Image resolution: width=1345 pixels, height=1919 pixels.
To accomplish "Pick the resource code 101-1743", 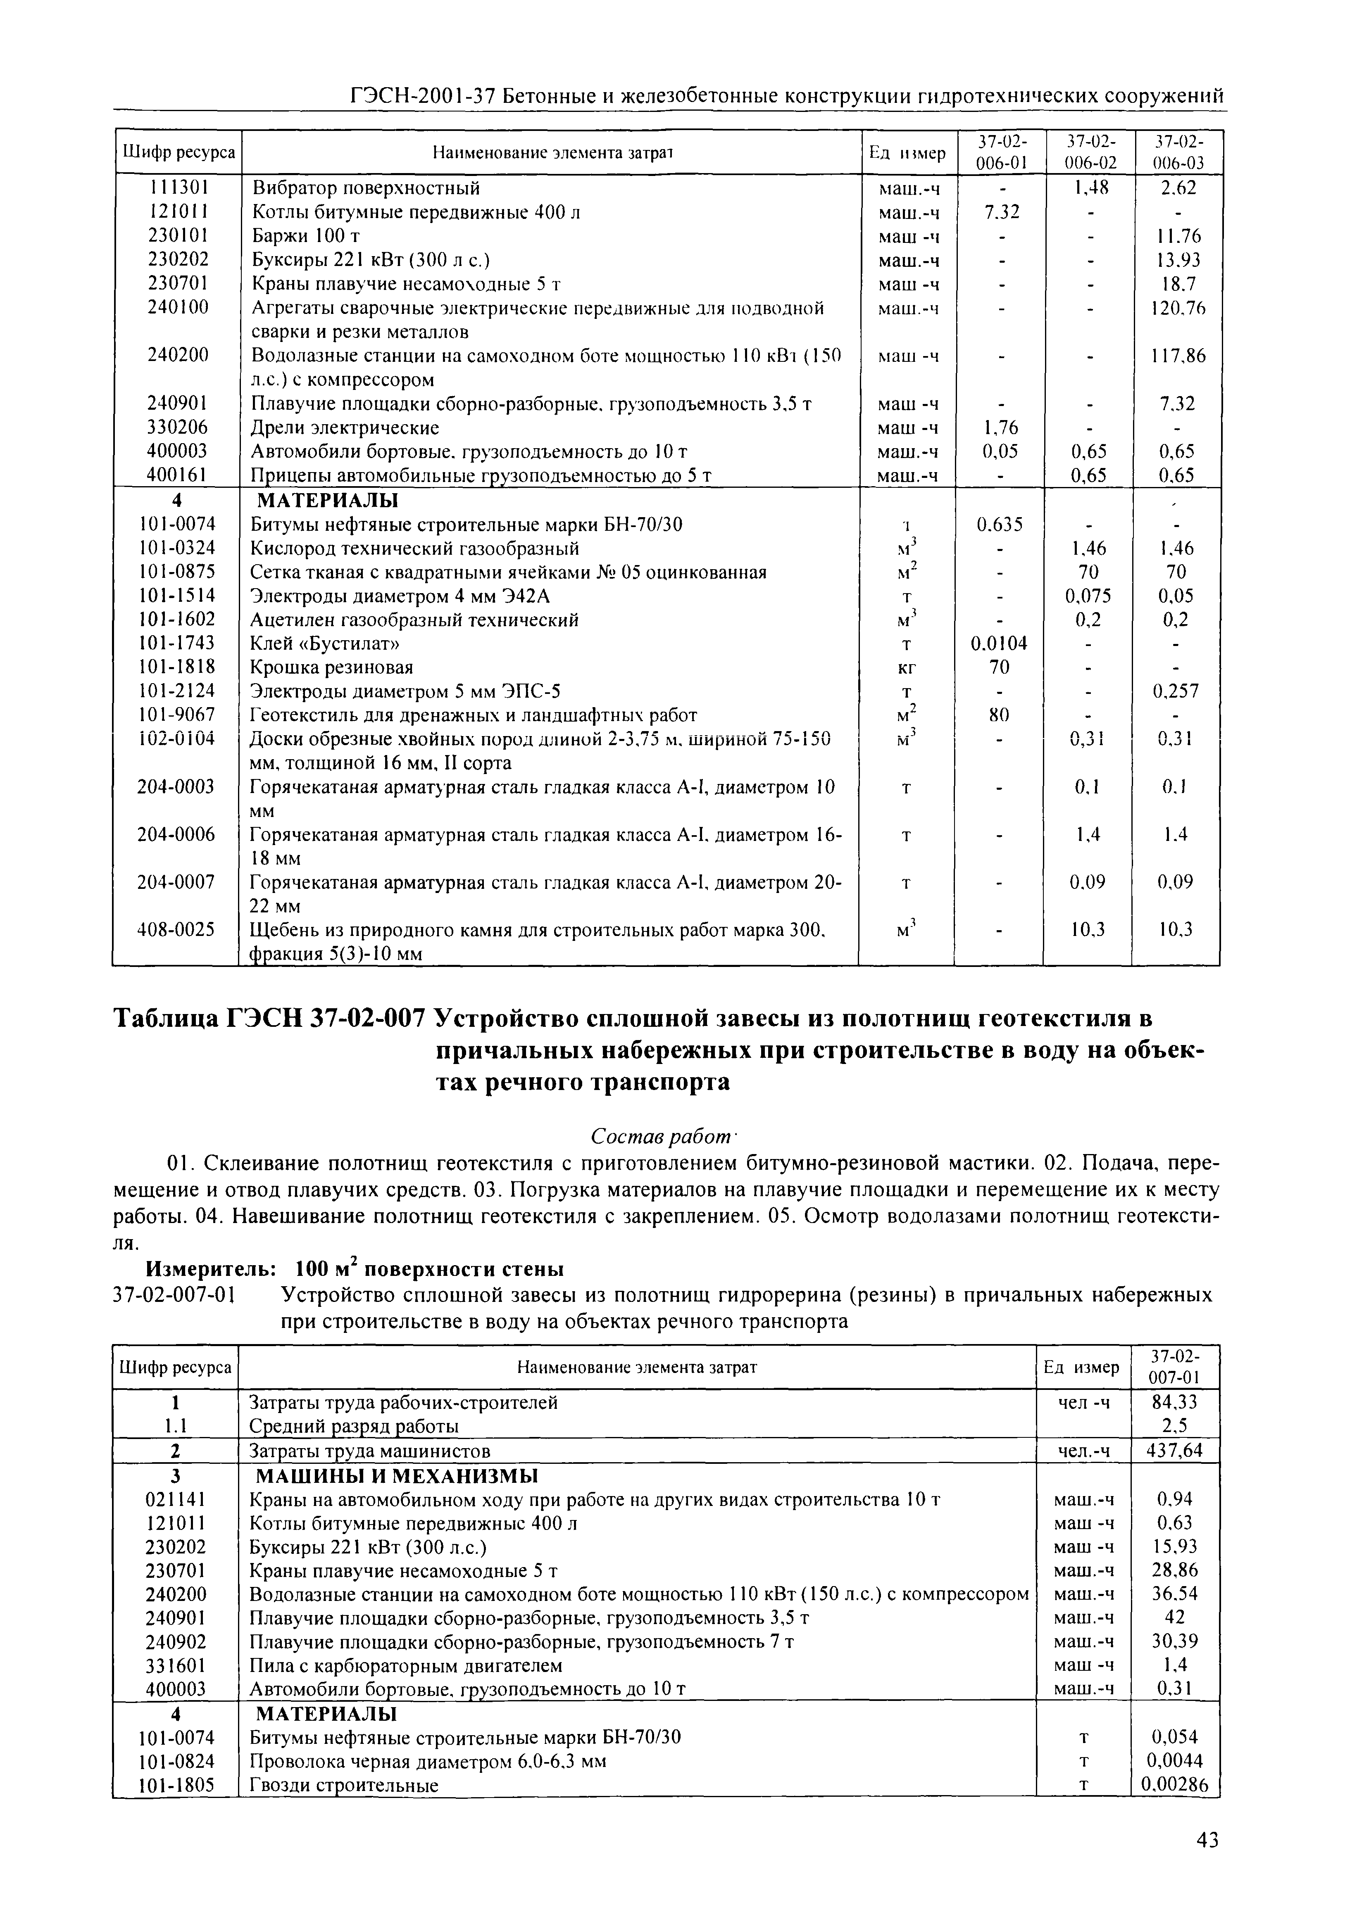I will click(176, 643).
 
